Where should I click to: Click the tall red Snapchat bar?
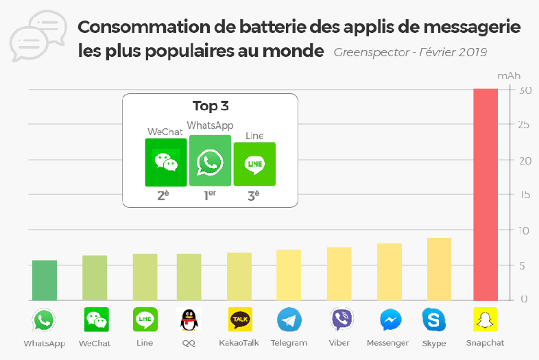pos(486,195)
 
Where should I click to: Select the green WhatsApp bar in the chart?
pos(45,280)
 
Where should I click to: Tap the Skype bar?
pos(439,269)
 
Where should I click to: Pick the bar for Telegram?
pos(289,275)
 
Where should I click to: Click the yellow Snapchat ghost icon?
pos(486,320)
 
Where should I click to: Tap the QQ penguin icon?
pos(189,320)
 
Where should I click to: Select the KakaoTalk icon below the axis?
pos(239,320)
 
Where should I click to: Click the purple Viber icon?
pos(341,320)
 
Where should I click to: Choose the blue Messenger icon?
pos(391,320)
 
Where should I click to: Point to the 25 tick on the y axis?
pos(525,125)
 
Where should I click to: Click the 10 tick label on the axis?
pos(525,230)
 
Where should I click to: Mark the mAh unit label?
pos(508,75)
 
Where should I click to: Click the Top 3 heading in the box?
pos(210,106)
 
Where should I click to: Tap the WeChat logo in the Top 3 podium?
pos(165,163)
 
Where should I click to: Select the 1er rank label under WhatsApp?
pos(210,195)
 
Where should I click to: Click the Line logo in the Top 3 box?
pos(254,164)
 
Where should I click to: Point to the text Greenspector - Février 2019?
pos(411,52)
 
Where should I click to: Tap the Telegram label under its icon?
pos(289,343)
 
